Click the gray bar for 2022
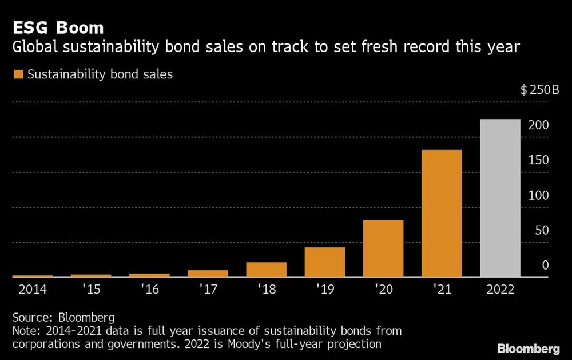[x=500, y=198]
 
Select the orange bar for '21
[x=442, y=213]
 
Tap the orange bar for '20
[x=383, y=248]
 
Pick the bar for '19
[x=324, y=262]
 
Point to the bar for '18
[x=266, y=270]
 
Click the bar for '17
[x=208, y=274]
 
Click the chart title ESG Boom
[x=58, y=27]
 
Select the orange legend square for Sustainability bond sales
[x=18, y=74]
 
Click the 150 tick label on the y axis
[x=538, y=160]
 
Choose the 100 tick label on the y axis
[x=538, y=195]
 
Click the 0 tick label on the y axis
[x=545, y=265]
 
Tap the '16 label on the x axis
[x=149, y=289]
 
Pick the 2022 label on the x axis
[x=500, y=289]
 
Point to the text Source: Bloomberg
[x=63, y=317]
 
